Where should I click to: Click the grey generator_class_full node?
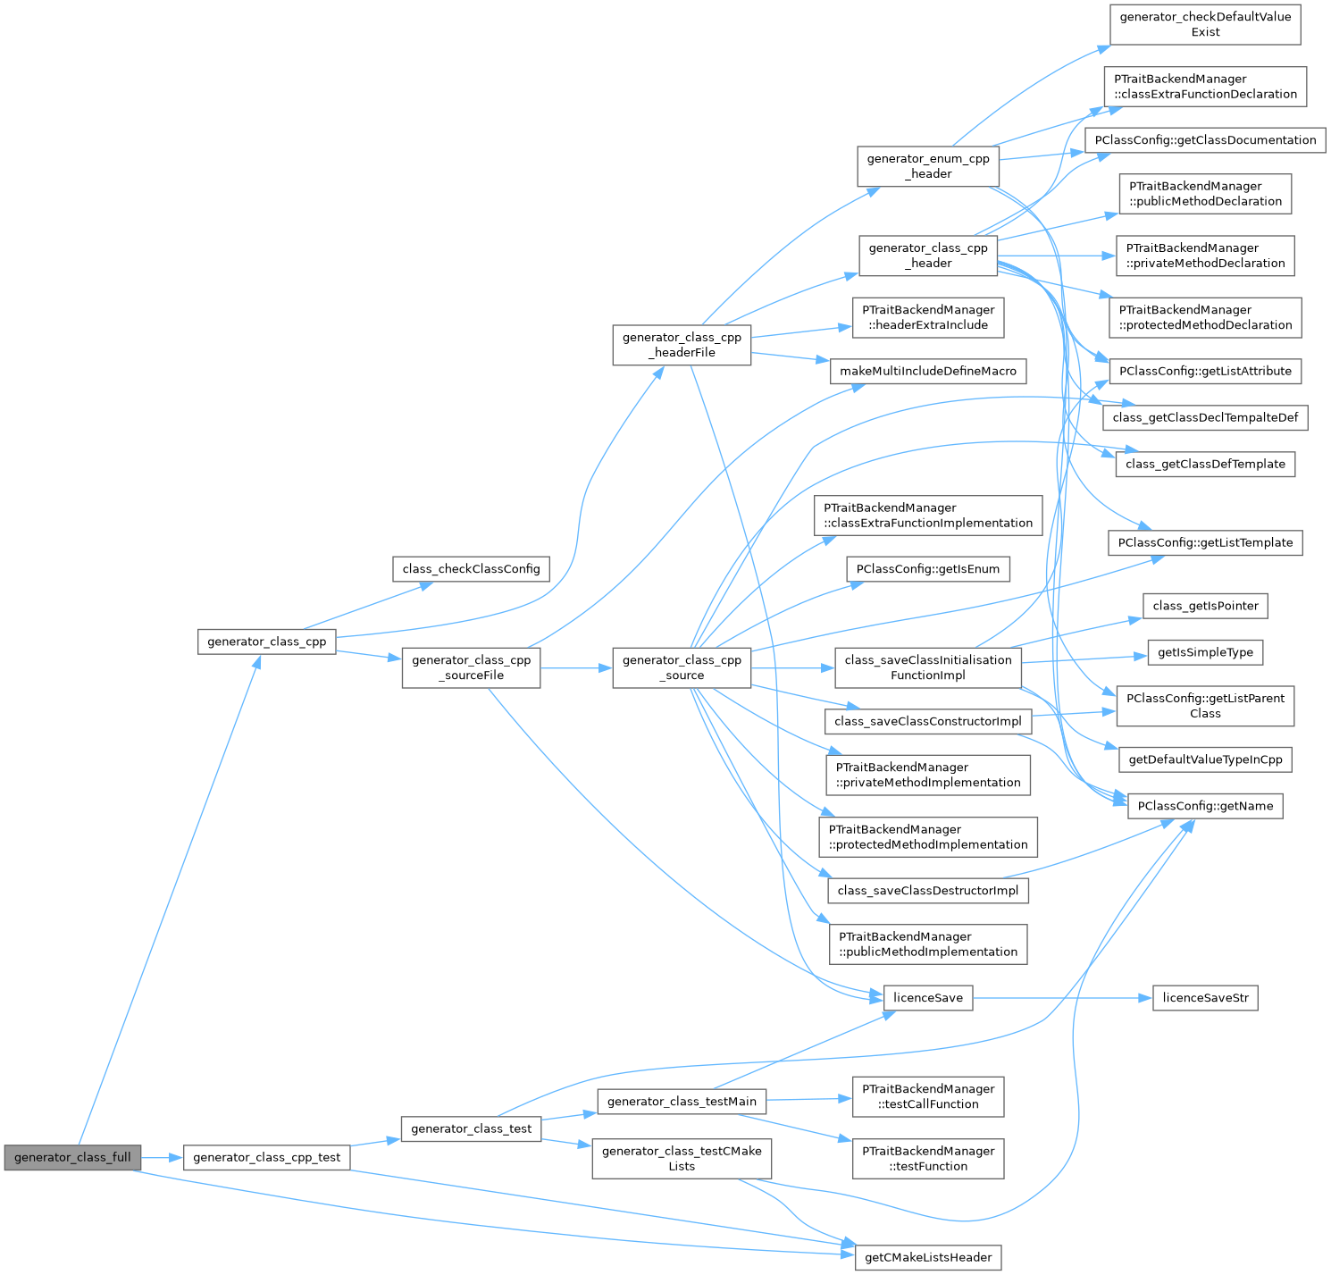click(x=72, y=1157)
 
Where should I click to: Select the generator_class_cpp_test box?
click(x=266, y=1157)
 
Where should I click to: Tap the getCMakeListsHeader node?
click(x=928, y=1257)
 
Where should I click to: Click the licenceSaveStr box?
click(x=1205, y=997)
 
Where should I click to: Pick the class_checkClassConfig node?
click(x=471, y=568)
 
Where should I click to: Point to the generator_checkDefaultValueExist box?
click(x=1205, y=24)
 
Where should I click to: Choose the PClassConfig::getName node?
click(x=1205, y=805)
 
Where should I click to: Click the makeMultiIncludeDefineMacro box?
click(x=928, y=371)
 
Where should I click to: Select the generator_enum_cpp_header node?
click(x=928, y=165)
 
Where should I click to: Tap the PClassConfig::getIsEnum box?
click(x=928, y=568)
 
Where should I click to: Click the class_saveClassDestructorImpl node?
click(x=928, y=890)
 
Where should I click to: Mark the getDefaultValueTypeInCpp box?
click(x=1205, y=759)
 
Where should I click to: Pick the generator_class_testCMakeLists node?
click(x=682, y=1158)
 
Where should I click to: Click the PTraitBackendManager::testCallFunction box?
click(x=928, y=1096)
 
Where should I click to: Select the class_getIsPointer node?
click(x=1205, y=605)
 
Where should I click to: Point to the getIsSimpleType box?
click(x=1205, y=652)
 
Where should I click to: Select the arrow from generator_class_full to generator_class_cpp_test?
click(x=162, y=1157)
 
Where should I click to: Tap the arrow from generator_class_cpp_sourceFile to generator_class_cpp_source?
click(x=576, y=667)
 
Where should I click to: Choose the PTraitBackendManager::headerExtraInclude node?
click(x=928, y=317)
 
